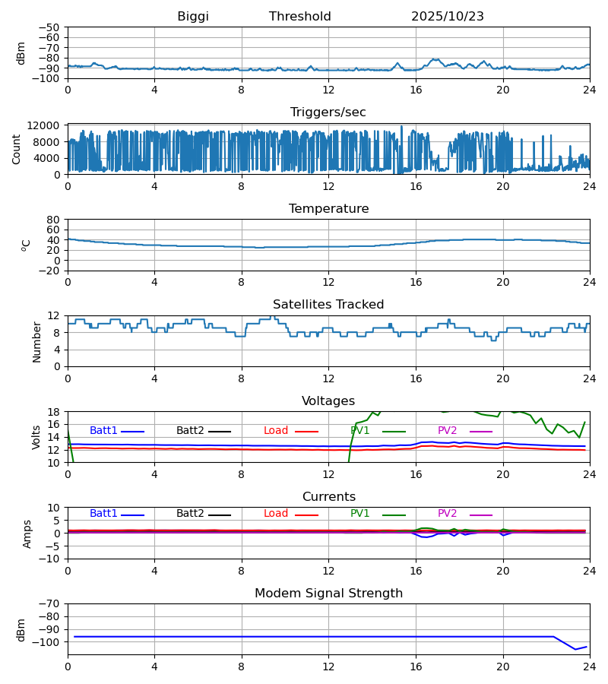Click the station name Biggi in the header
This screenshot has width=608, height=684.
click(x=193, y=17)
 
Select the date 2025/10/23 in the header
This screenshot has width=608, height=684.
click(x=448, y=17)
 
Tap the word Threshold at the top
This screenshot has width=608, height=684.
click(x=300, y=17)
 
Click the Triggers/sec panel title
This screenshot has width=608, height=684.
click(x=328, y=112)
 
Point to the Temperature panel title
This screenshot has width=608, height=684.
click(x=328, y=209)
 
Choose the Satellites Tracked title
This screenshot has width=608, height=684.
click(x=328, y=305)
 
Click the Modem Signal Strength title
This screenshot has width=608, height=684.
click(x=328, y=594)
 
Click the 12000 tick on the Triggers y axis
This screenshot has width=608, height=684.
click(x=48, y=125)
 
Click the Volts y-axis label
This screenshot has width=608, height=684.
click(x=36, y=437)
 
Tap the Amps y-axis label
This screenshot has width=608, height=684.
click(x=28, y=534)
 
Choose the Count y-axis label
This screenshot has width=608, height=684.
click(x=17, y=149)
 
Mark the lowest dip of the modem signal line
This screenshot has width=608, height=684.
click(x=575, y=649)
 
